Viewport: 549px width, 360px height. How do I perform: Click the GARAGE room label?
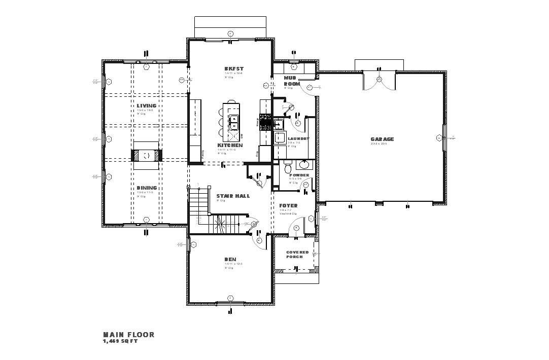coord(382,139)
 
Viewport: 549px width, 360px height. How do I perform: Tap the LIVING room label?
coord(146,106)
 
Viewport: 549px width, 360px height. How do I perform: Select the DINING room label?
coord(146,188)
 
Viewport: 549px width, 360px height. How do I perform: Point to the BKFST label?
coord(234,68)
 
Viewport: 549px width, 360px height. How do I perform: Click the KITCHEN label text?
coord(230,146)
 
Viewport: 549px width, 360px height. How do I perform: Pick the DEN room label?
coord(230,260)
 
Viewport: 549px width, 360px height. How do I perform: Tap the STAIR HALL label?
coord(233,196)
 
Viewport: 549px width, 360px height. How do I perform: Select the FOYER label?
coord(288,206)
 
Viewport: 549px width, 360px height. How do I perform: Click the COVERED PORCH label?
coord(297,254)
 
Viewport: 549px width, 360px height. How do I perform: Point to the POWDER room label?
coord(299,175)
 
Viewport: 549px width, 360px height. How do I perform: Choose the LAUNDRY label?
coord(298,138)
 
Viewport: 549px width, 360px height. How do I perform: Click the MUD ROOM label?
coord(292,81)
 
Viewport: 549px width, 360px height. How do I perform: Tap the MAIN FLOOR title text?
coord(129,335)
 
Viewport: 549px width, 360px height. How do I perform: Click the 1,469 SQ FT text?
coord(120,341)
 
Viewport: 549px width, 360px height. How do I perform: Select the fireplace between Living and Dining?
coord(147,156)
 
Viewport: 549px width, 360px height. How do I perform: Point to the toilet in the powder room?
coord(287,166)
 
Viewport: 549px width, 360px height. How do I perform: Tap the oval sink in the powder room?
coord(304,164)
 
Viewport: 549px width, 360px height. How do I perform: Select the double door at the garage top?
coord(378,80)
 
